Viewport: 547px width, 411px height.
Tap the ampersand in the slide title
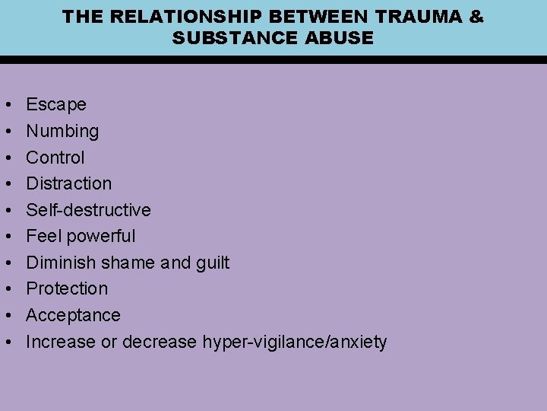476,16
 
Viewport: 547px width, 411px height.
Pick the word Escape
56,104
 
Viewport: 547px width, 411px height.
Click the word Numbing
62,131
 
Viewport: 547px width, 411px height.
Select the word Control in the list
55,158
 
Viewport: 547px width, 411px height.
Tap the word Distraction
68,183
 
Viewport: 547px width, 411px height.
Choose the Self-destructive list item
88,210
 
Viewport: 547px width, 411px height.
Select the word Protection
67,288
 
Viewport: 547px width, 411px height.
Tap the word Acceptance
73,315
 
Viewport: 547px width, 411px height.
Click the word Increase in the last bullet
61,342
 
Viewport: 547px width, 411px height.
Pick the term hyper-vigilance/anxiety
295,342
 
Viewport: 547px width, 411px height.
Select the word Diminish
61,263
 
